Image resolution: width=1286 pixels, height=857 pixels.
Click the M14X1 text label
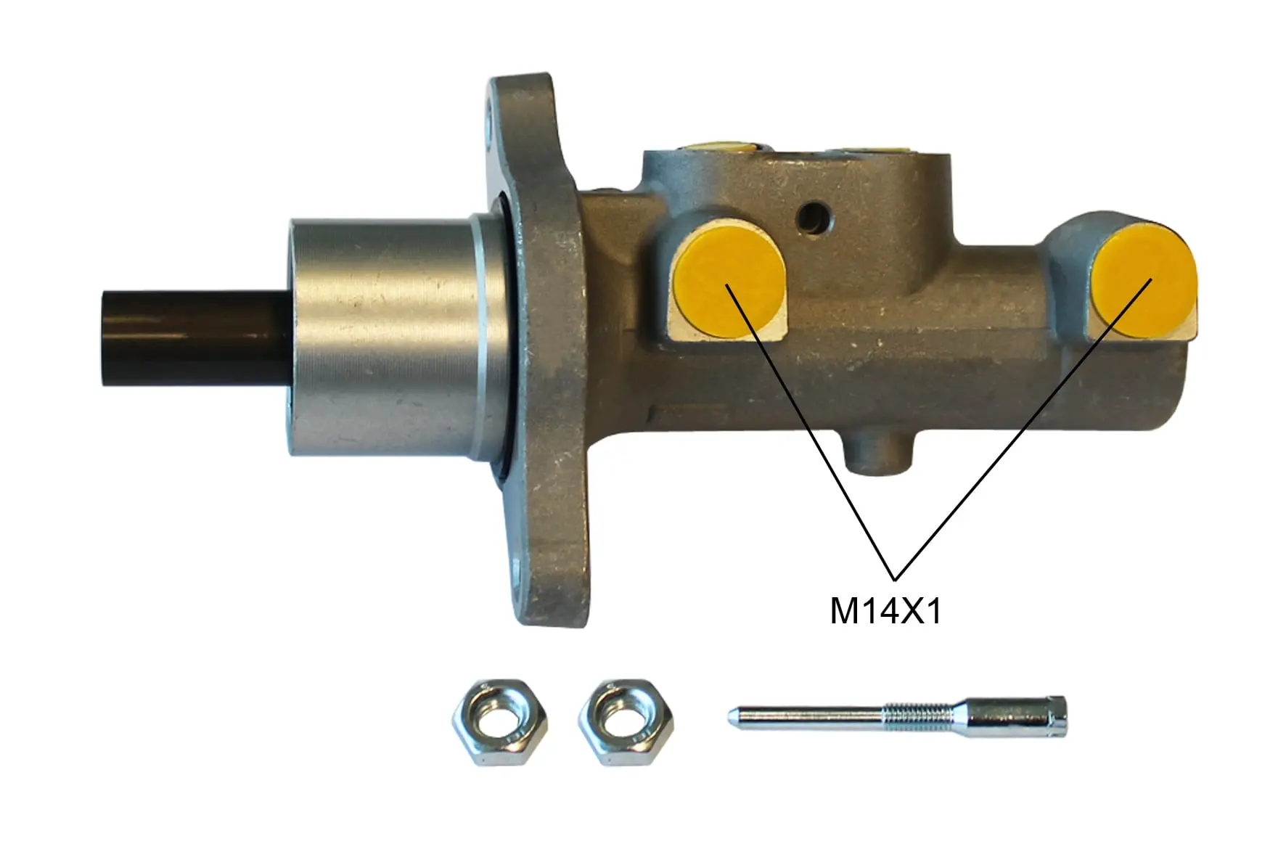(x=885, y=612)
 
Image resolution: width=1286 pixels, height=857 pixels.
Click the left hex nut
(x=499, y=721)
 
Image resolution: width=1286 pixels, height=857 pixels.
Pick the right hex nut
(x=626, y=721)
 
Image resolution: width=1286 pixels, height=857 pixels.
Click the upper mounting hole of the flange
(x=496, y=116)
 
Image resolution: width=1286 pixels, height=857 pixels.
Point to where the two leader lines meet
(x=895, y=578)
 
